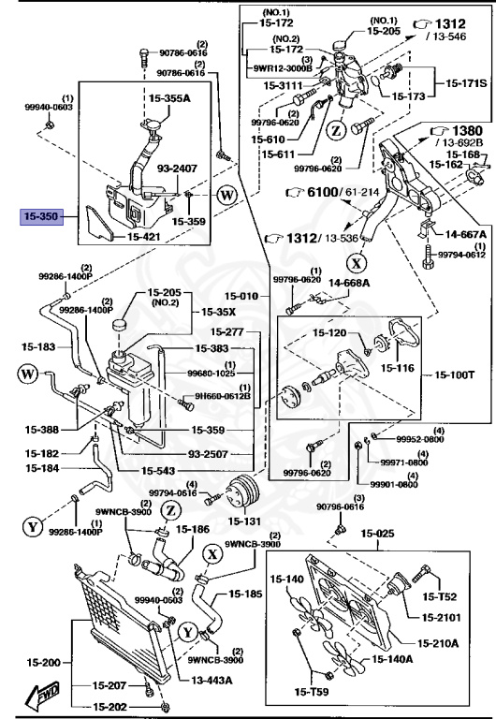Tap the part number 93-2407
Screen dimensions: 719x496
pyautogui.click(x=177, y=169)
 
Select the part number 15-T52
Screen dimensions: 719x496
pyautogui.click(x=439, y=595)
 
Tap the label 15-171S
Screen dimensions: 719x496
pyautogui.click(x=464, y=84)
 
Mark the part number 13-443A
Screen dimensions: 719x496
pyautogui.click(x=214, y=681)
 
